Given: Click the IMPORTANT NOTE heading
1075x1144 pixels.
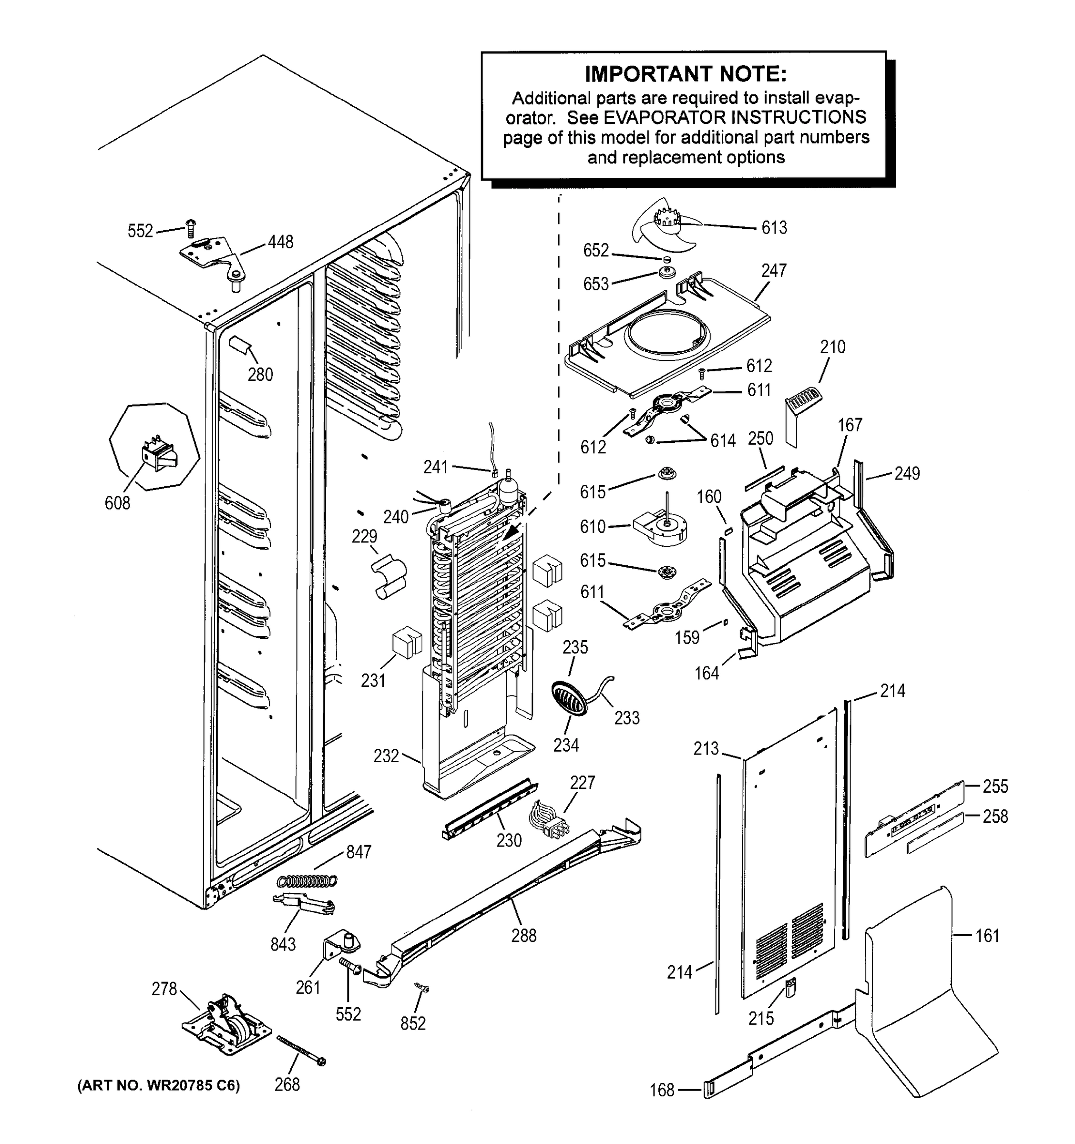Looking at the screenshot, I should (685, 74).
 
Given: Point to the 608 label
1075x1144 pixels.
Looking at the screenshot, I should (117, 503).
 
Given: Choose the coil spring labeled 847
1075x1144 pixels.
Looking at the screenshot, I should (306, 880).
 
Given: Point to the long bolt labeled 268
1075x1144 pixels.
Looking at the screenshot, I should (301, 1050).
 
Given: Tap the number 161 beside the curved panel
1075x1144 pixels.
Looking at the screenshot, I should (987, 935).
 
